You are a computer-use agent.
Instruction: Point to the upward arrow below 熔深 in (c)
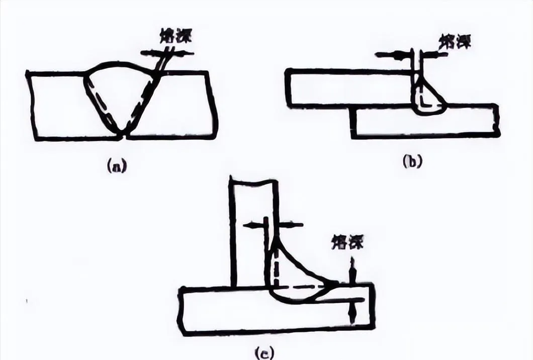coord(352,266)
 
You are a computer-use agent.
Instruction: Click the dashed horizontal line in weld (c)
coord(302,286)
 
